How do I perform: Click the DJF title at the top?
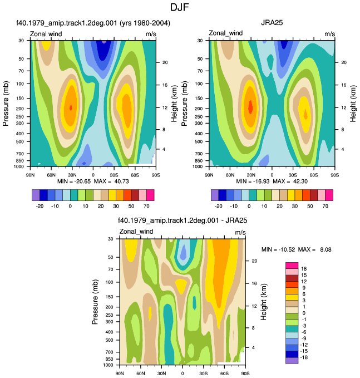click(x=180, y=7)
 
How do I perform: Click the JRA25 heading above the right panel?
click(x=272, y=23)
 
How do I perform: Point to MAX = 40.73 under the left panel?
click(x=111, y=181)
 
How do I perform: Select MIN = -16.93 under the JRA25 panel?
click(x=253, y=181)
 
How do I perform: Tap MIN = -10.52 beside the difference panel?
click(x=278, y=249)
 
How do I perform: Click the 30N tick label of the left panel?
click(x=72, y=175)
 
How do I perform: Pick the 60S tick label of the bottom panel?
click(x=224, y=374)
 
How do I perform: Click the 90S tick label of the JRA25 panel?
click(x=335, y=175)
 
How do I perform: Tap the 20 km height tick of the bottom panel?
click(x=254, y=261)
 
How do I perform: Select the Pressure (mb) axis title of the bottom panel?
click(x=95, y=302)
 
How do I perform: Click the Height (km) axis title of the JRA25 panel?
click(x=353, y=104)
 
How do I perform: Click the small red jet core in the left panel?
click(x=71, y=107)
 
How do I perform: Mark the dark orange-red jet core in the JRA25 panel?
click(x=250, y=107)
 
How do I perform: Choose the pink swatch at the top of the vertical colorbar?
click(x=292, y=266)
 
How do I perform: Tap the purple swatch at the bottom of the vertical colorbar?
click(x=292, y=361)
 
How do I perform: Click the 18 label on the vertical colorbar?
click(x=304, y=269)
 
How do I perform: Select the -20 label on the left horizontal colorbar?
click(x=40, y=206)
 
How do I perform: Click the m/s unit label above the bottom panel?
click(x=240, y=232)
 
